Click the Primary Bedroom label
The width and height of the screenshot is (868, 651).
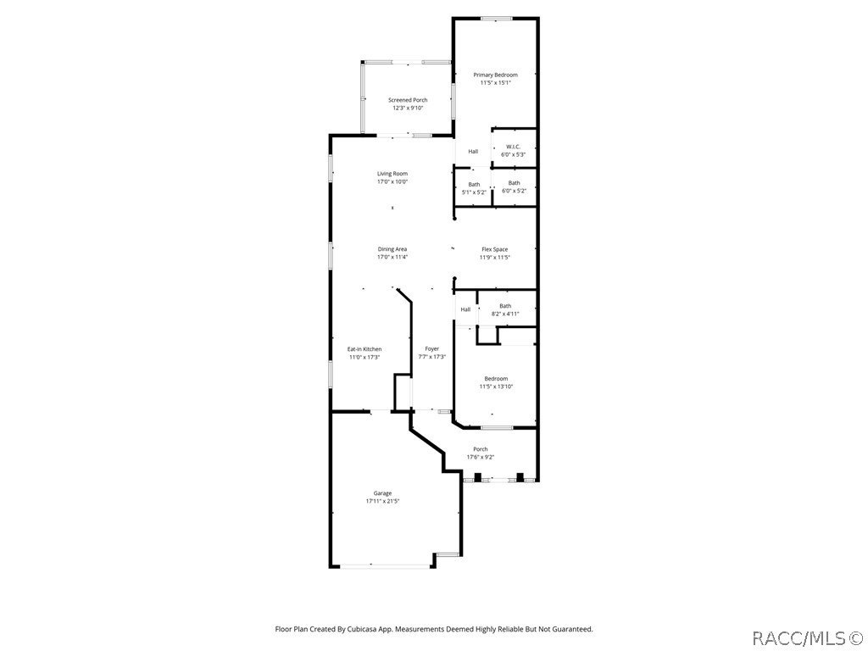coord(495,75)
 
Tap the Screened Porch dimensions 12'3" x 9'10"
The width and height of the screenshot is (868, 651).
coord(408,108)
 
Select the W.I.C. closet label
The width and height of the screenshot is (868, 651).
coord(514,147)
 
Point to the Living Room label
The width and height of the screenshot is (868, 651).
coord(392,174)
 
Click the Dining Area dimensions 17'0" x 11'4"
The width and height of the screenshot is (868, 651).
coord(392,258)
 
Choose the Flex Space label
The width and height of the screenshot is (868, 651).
coord(495,249)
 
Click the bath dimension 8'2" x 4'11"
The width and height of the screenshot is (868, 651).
coord(505,314)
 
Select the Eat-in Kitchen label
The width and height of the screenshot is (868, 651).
coord(364,349)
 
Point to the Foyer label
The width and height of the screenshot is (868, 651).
coord(432,349)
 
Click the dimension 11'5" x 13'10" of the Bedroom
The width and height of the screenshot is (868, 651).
coord(496,387)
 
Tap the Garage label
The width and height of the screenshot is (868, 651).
coord(383,493)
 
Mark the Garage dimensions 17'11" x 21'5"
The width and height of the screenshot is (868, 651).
coord(383,502)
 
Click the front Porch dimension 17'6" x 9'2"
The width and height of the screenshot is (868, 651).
coord(481,458)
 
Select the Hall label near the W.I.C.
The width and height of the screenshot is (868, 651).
coord(473,152)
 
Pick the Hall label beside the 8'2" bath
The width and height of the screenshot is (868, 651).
coord(465,309)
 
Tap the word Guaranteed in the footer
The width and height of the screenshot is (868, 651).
coord(571,629)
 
